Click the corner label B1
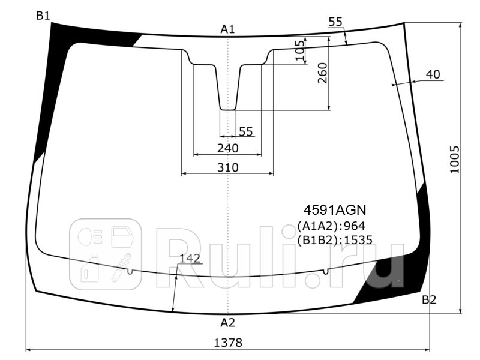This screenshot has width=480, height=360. (43, 16)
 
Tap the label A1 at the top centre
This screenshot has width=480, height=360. (227, 29)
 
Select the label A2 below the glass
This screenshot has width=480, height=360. (227, 323)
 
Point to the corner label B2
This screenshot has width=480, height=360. (428, 300)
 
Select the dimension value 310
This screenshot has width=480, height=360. (227, 167)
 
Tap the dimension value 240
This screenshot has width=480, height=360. (227, 148)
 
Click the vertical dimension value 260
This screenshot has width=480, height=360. (322, 73)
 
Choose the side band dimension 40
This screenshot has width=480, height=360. (433, 74)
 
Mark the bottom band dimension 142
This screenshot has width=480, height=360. (190, 259)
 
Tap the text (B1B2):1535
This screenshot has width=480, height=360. (335, 240)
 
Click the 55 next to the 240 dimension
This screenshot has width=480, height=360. (245, 131)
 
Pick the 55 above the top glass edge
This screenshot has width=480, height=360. (335, 22)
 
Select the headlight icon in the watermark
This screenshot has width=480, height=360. (91, 236)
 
